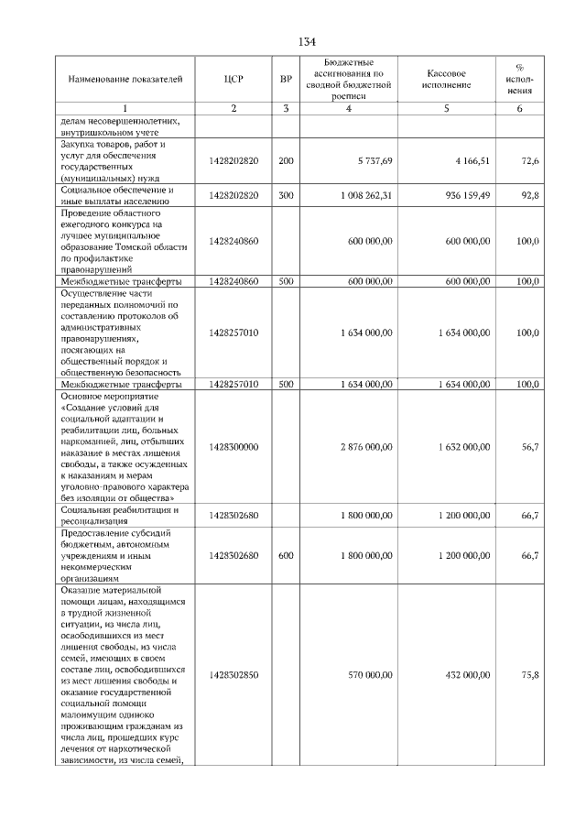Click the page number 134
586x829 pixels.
tap(307, 42)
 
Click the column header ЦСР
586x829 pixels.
tap(233, 80)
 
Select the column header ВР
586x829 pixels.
tap(286, 80)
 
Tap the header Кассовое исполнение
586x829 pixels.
tap(448, 80)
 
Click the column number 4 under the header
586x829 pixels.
tap(350, 110)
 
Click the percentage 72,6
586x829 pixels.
tap(529, 161)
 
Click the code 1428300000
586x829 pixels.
tap(233, 447)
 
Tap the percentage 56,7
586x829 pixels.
tap(529, 447)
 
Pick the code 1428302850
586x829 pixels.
tap(233, 675)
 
